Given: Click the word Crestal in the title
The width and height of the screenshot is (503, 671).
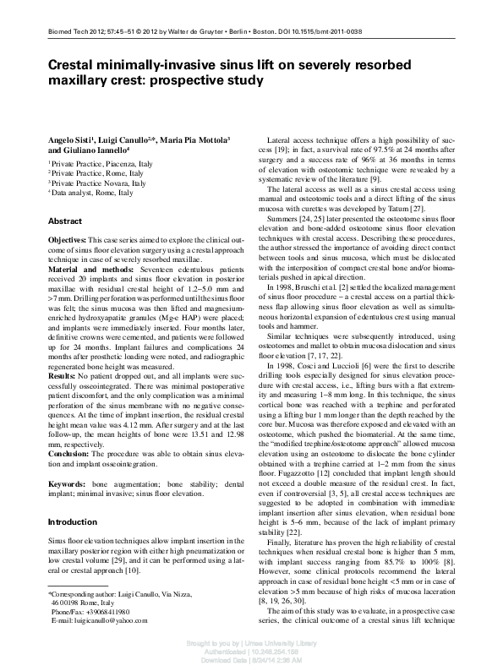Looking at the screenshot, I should tap(75, 65).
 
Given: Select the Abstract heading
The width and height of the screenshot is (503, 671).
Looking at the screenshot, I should tap(65, 221).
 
